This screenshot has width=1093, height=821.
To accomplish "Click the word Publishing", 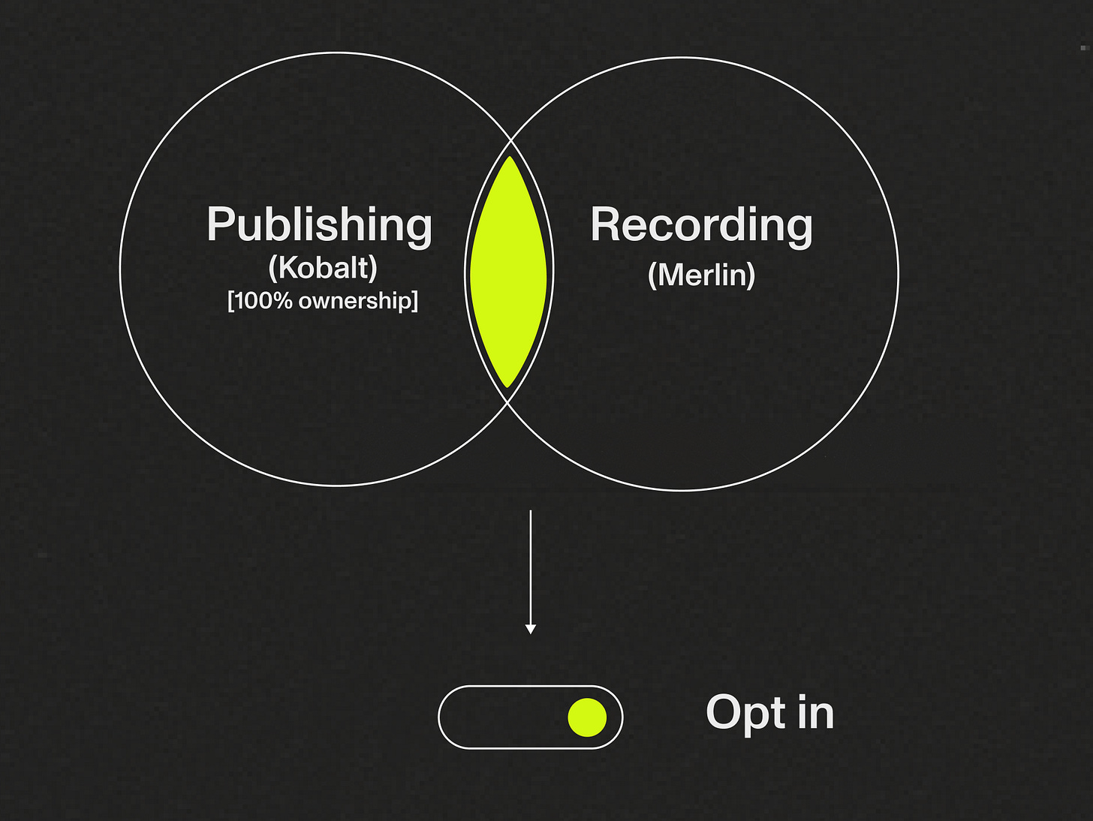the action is pos(319,225).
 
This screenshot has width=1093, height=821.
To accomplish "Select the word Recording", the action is pos(701,225).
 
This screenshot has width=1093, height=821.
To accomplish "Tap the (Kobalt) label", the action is pos(323,268).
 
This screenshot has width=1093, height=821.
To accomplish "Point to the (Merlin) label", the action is pos(701,275).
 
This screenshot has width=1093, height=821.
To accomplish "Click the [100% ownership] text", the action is pos(323,301).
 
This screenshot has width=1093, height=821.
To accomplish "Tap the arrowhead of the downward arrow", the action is pos(531,629).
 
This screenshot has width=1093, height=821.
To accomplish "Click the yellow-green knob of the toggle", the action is pos(587,717).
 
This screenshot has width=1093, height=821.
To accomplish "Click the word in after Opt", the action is pos(815,712).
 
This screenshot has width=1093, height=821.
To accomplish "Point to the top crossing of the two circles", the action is pos(510,139).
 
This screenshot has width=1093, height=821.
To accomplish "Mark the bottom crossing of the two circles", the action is pos(508,402).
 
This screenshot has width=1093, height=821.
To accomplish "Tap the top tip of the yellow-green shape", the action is pos(510,158).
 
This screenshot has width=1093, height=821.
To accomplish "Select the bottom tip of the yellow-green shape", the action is pos(508,386).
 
